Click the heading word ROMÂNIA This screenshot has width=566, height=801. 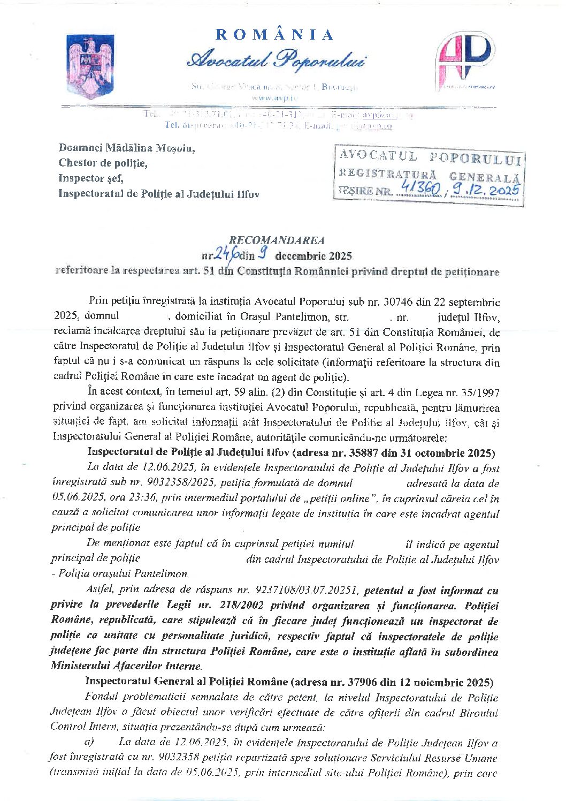click(x=275, y=35)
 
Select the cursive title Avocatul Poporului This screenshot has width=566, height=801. click(x=276, y=60)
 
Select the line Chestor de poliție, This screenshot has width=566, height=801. click(x=103, y=163)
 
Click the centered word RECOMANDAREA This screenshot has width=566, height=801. click(x=277, y=240)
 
